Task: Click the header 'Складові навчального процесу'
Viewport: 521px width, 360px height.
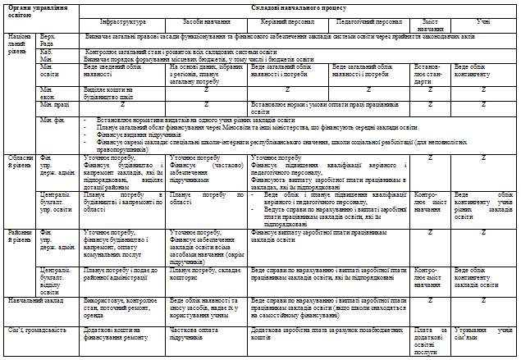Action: pyautogui.click(x=299, y=7)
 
